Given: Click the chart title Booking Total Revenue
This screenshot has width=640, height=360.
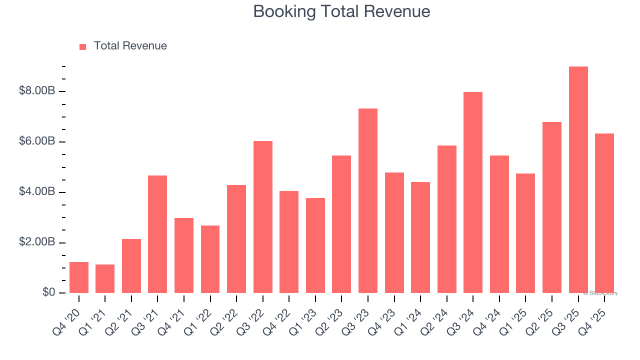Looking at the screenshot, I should (341, 11).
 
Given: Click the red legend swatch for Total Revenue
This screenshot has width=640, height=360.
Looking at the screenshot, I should (83, 46).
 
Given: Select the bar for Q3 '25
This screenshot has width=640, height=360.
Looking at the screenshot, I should (578, 180).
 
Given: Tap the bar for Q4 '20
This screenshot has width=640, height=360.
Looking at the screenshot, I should (79, 277).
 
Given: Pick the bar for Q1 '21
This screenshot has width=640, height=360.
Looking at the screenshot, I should (105, 279).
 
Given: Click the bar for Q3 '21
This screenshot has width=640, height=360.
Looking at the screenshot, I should (157, 234).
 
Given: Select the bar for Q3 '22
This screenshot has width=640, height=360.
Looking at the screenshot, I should (263, 217).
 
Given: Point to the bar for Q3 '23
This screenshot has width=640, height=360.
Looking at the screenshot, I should (368, 200).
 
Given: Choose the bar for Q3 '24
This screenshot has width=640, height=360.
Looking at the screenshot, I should (473, 192).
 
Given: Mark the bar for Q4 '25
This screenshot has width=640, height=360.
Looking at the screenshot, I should (604, 213).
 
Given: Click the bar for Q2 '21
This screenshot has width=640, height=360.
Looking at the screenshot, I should (131, 266).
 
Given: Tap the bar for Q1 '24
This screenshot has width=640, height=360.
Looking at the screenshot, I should (420, 237).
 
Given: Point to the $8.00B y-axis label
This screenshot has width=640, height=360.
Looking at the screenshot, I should (37, 91).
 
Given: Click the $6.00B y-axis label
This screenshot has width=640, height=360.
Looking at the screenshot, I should (37, 141).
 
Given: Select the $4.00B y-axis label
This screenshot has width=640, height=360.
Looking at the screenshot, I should (37, 192).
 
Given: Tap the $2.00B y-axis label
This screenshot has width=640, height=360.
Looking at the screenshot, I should (37, 242).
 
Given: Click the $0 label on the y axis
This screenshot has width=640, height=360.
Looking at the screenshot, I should (48, 292).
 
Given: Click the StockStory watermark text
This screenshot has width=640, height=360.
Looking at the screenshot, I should (600, 293).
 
